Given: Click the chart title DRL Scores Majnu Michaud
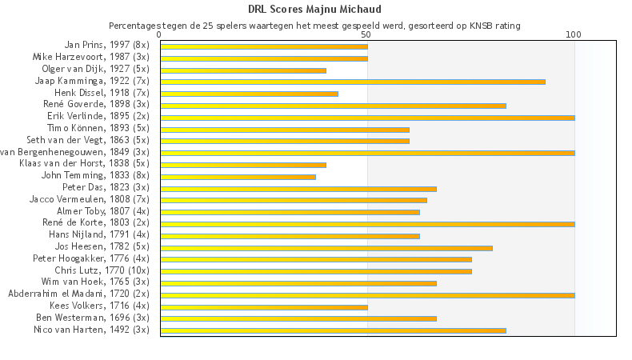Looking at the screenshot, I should pos(315,10).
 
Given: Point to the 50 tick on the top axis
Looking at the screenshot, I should pos(366,35).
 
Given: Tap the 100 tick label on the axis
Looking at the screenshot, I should pos(574,35).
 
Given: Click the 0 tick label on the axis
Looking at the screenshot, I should pos(160,35).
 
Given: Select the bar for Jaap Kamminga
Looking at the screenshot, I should pos(352,82).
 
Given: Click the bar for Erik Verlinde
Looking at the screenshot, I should pos(367,117).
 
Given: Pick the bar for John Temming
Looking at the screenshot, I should pos(238,177).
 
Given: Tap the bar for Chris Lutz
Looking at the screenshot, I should pos(315,271).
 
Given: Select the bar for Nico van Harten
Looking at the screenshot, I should pos(333,330).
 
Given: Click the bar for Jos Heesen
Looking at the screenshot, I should pos(326,248).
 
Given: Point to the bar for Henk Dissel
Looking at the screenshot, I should pos(249,94).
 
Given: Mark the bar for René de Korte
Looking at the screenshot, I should pos(367,224).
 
